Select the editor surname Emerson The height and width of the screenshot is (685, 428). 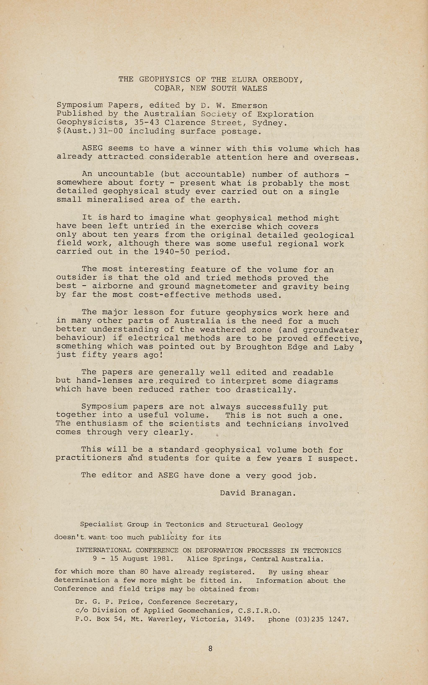[x=249, y=106]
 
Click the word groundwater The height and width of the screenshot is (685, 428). [x=331, y=330]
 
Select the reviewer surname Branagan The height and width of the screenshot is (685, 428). [x=273, y=493]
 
